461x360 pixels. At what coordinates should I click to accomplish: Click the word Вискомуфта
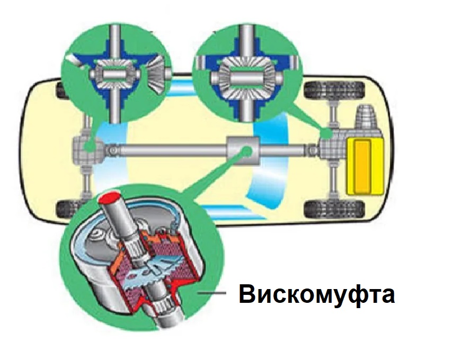pyautogui.click(x=316, y=294)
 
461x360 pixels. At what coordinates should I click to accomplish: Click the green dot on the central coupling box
pyautogui.click(x=246, y=151)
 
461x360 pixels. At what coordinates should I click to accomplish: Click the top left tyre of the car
pyautogui.click(x=66, y=91)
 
